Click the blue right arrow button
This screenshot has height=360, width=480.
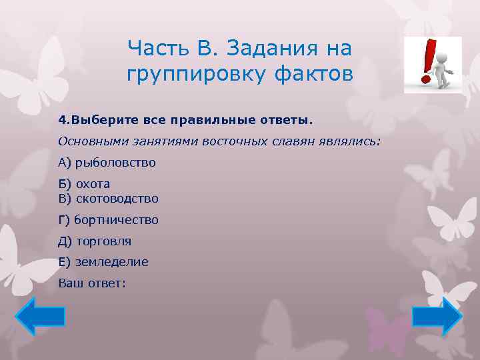[x=437, y=316]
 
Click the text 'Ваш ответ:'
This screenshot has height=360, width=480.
[x=92, y=283]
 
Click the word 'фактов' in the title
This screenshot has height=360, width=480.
[x=312, y=73]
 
